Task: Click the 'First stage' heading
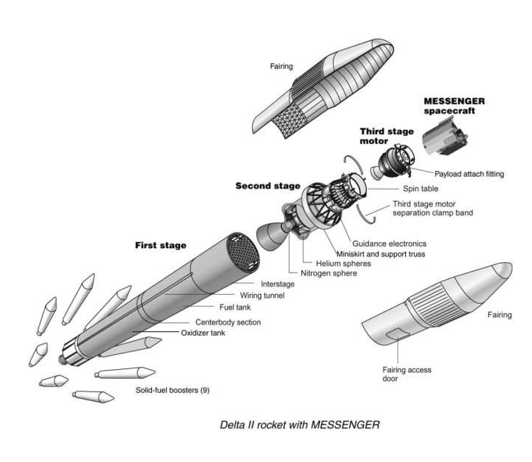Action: (160, 244)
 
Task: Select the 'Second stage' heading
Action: (268, 186)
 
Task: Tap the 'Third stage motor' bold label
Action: (387, 136)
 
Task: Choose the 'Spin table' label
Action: (419, 189)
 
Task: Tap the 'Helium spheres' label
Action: (343, 263)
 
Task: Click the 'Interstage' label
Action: (278, 284)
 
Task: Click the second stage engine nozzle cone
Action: (269, 239)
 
